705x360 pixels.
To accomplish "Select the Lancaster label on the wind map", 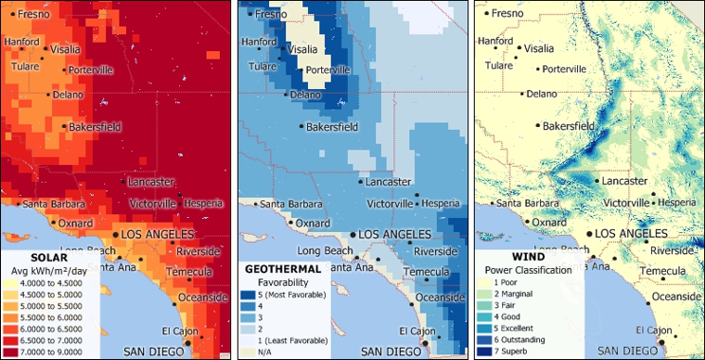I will (625, 180).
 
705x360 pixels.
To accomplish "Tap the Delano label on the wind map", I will (541, 94).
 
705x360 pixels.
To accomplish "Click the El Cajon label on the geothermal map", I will (414, 331).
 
